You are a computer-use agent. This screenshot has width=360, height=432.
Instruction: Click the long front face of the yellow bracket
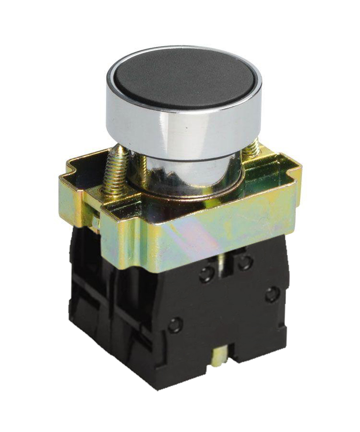(x=202, y=235)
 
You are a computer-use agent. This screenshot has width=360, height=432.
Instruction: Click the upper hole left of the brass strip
(x=207, y=274)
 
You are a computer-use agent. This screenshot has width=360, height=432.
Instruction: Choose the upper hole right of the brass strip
(x=245, y=262)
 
